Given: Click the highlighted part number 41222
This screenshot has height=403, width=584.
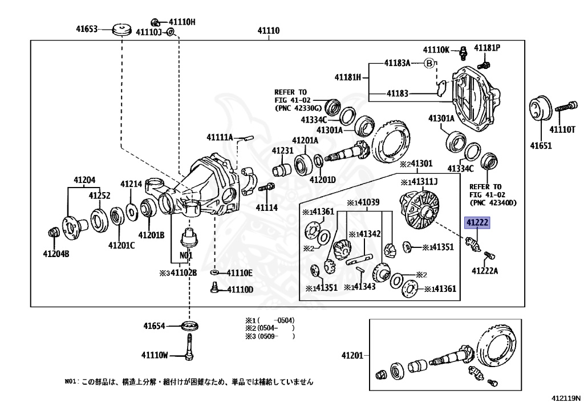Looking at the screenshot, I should pyautogui.click(x=477, y=223).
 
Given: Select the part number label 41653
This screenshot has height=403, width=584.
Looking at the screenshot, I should pyautogui.click(x=88, y=28).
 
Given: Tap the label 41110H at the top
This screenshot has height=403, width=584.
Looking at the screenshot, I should pyautogui.click(x=181, y=22).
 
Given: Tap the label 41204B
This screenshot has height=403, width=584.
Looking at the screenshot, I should pyautogui.click(x=58, y=254).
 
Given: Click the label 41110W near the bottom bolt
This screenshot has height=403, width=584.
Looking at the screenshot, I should pyautogui.click(x=155, y=355).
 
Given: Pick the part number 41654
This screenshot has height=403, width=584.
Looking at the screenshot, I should pyautogui.click(x=154, y=326).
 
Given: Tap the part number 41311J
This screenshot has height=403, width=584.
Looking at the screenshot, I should pyautogui.click(x=422, y=182).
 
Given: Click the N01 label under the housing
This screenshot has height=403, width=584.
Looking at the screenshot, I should pyautogui.click(x=186, y=255).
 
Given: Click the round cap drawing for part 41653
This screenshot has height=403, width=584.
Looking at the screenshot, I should pyautogui.click(x=121, y=29).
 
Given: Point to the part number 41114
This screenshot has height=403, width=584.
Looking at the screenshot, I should pyautogui.click(x=266, y=208).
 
